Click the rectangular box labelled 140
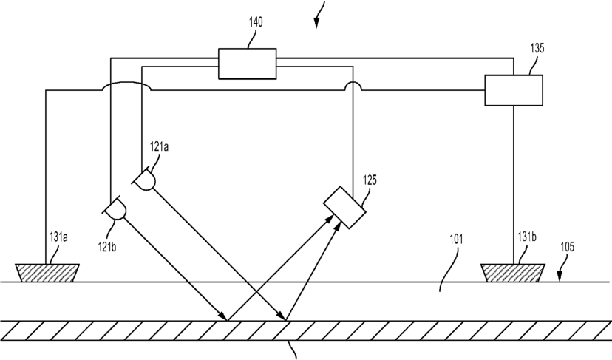tap(248, 64)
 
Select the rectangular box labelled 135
tap(514, 89)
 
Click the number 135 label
tap(537, 48)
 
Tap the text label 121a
tap(160, 147)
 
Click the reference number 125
tap(370, 180)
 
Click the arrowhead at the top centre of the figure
tap(316, 22)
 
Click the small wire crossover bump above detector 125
tap(353, 86)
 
